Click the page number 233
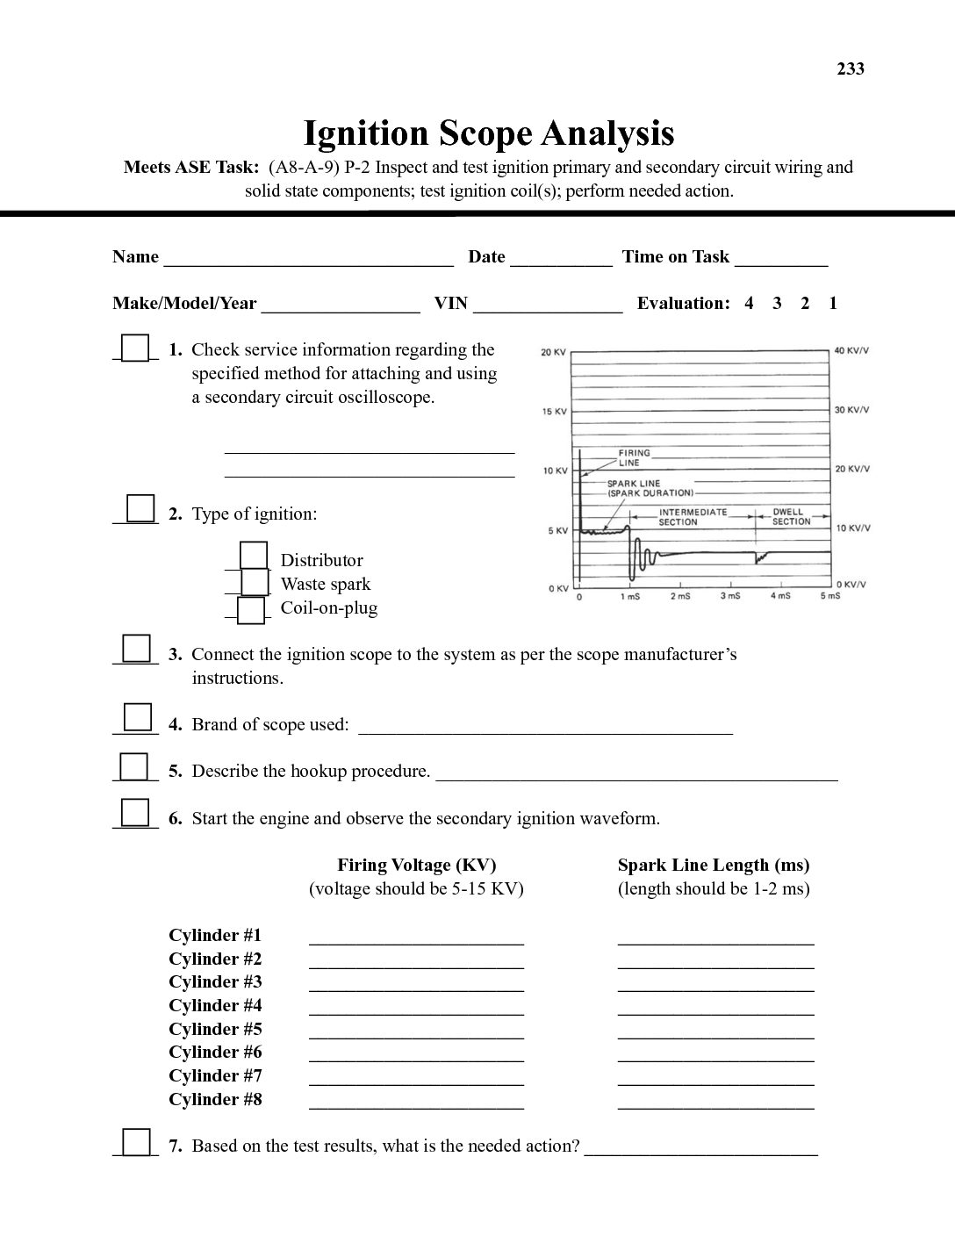tap(850, 69)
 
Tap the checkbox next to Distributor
tap(254, 557)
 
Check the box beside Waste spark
tap(255, 582)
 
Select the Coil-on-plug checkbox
tap(251, 609)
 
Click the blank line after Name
tap(308, 258)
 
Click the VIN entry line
tap(547, 305)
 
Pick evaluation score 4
tap(749, 304)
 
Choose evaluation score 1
tap(833, 304)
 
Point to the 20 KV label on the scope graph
tap(553, 353)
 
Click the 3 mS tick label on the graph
tap(730, 597)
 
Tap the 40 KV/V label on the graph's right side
tap(851, 351)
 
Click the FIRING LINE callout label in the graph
tap(634, 457)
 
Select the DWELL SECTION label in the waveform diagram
tap(791, 516)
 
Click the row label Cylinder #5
tap(215, 1029)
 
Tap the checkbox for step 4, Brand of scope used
tap(137, 717)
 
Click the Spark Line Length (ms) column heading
tap(713, 865)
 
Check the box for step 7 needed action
tap(136, 1141)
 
